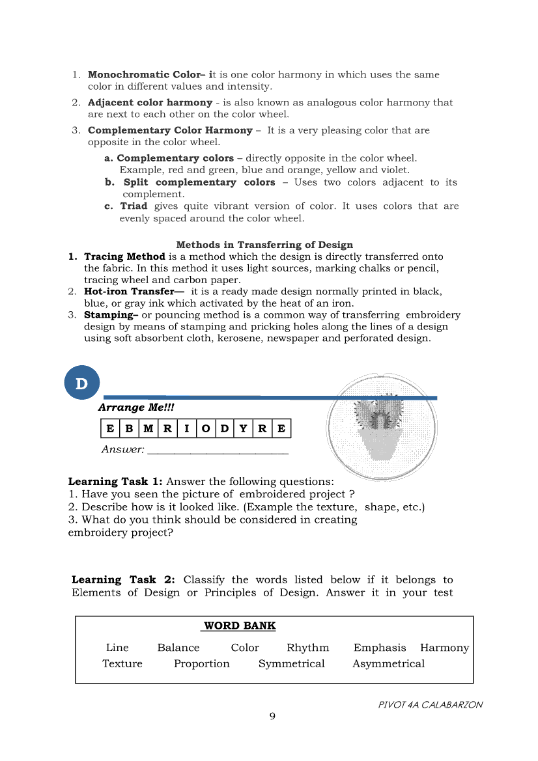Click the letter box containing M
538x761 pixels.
tap(149, 428)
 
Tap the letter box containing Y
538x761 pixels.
tap(244, 428)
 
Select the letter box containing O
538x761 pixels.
tap(206, 428)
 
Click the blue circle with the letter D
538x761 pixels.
tap(81, 383)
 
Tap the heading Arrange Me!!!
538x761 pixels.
tap(136, 408)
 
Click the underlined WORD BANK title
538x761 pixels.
tap(239, 626)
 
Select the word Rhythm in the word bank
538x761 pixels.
tap(307, 648)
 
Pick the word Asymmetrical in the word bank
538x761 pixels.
tap(388, 664)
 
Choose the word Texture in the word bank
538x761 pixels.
tap(122, 664)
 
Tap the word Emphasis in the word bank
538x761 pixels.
tap(379, 648)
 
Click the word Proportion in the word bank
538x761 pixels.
tap(201, 664)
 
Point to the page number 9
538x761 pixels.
tap(272, 717)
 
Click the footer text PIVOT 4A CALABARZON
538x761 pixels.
tap(431, 705)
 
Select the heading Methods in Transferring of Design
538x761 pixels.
tap(264, 245)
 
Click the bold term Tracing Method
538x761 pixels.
tap(124, 256)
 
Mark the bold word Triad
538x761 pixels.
tap(134, 206)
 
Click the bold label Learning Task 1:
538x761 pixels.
tap(115, 482)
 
